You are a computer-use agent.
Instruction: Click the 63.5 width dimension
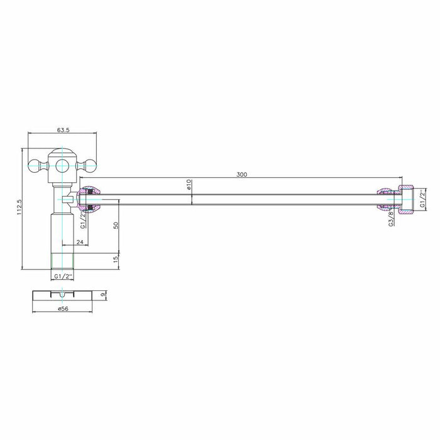click(63, 130)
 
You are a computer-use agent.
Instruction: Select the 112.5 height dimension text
click(19, 207)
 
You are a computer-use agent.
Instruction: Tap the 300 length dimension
click(241, 175)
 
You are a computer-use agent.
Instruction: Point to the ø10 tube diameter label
click(189, 184)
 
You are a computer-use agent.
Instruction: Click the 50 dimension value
click(116, 225)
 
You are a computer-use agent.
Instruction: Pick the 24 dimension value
click(80, 242)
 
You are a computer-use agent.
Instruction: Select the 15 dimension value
click(116, 259)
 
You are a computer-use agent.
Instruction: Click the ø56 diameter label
click(63, 309)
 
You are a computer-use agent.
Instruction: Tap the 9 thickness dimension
click(103, 295)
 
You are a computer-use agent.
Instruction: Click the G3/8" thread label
click(392, 217)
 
